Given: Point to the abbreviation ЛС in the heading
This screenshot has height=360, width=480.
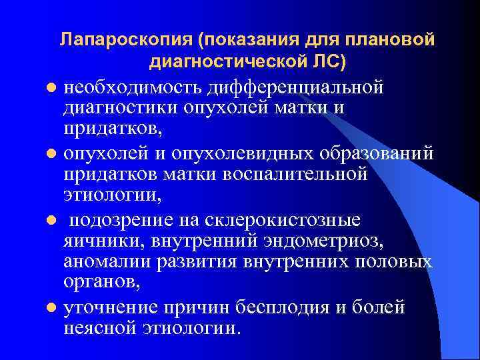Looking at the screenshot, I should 326,63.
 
